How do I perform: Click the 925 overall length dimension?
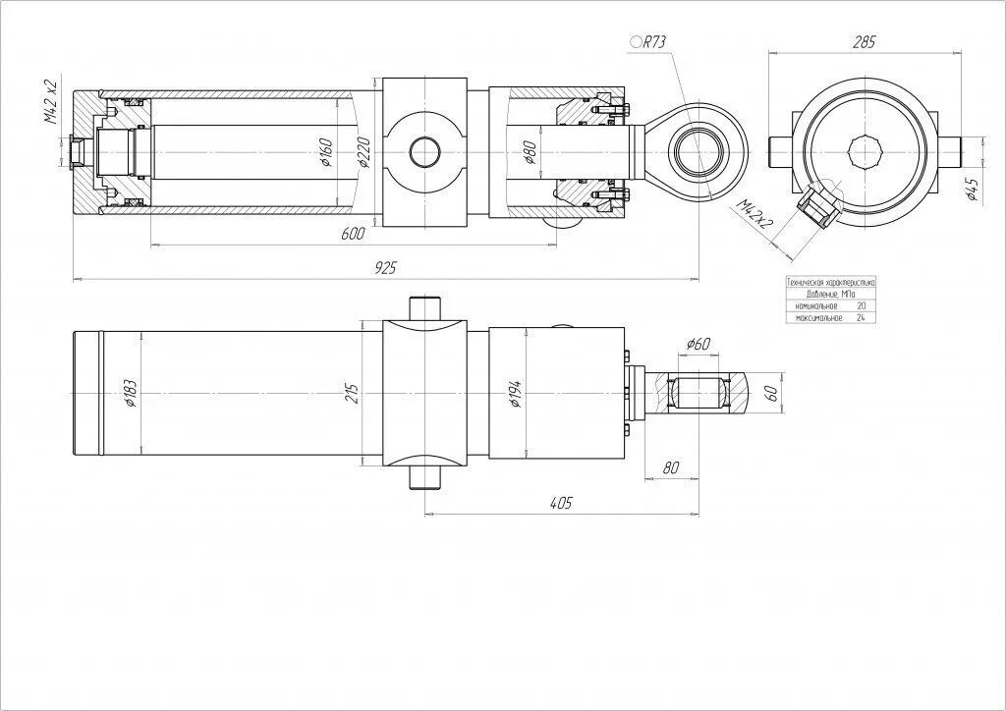click(384, 268)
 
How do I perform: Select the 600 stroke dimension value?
click(354, 234)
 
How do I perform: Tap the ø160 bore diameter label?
click(327, 152)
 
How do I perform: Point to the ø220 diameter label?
click(363, 152)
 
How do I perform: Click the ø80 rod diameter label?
click(530, 152)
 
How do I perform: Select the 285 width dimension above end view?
click(865, 42)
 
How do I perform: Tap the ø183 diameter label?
click(130, 393)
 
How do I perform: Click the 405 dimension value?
click(560, 503)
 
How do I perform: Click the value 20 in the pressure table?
click(861, 306)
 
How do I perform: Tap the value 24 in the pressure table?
click(861, 318)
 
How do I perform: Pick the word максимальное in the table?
click(818, 318)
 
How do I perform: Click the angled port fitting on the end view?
click(817, 208)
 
